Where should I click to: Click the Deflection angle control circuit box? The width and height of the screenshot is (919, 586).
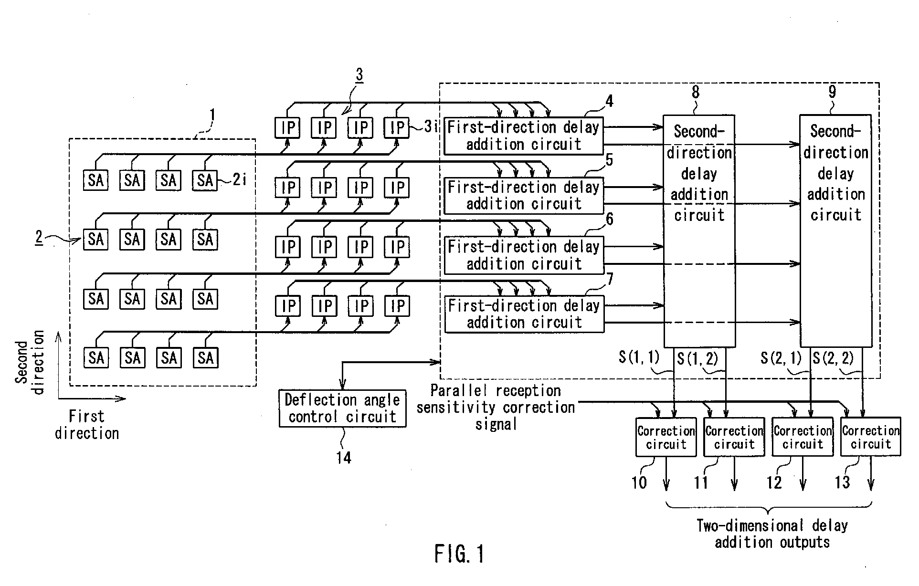pos(342,408)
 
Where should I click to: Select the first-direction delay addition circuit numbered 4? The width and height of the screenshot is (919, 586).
pos(524,136)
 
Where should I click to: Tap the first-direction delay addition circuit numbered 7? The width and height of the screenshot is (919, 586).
pos(524,314)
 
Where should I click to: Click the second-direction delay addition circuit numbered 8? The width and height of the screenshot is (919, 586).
pos(699,230)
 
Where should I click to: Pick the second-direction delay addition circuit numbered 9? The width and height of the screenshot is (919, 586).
pos(836,230)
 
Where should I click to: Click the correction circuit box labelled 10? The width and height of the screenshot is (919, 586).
pos(666,437)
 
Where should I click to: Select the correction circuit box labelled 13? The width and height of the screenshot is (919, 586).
pos(871,437)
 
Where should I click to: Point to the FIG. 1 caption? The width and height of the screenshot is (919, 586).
pos(459,554)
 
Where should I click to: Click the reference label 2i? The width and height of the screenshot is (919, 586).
pos(240,180)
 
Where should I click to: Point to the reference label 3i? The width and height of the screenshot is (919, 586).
pos(431,126)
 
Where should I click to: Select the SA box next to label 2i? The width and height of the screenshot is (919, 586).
pos(205,180)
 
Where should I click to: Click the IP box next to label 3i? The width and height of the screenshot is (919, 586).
pos(397,127)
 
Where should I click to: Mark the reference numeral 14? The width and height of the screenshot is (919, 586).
pos(343,458)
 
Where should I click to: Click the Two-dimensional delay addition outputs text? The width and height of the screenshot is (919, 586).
pos(772,534)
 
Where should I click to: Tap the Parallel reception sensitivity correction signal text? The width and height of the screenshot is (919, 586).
pos(496,407)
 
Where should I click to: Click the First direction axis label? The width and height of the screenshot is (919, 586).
pos(87,425)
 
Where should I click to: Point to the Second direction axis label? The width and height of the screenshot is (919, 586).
pos(30,362)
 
